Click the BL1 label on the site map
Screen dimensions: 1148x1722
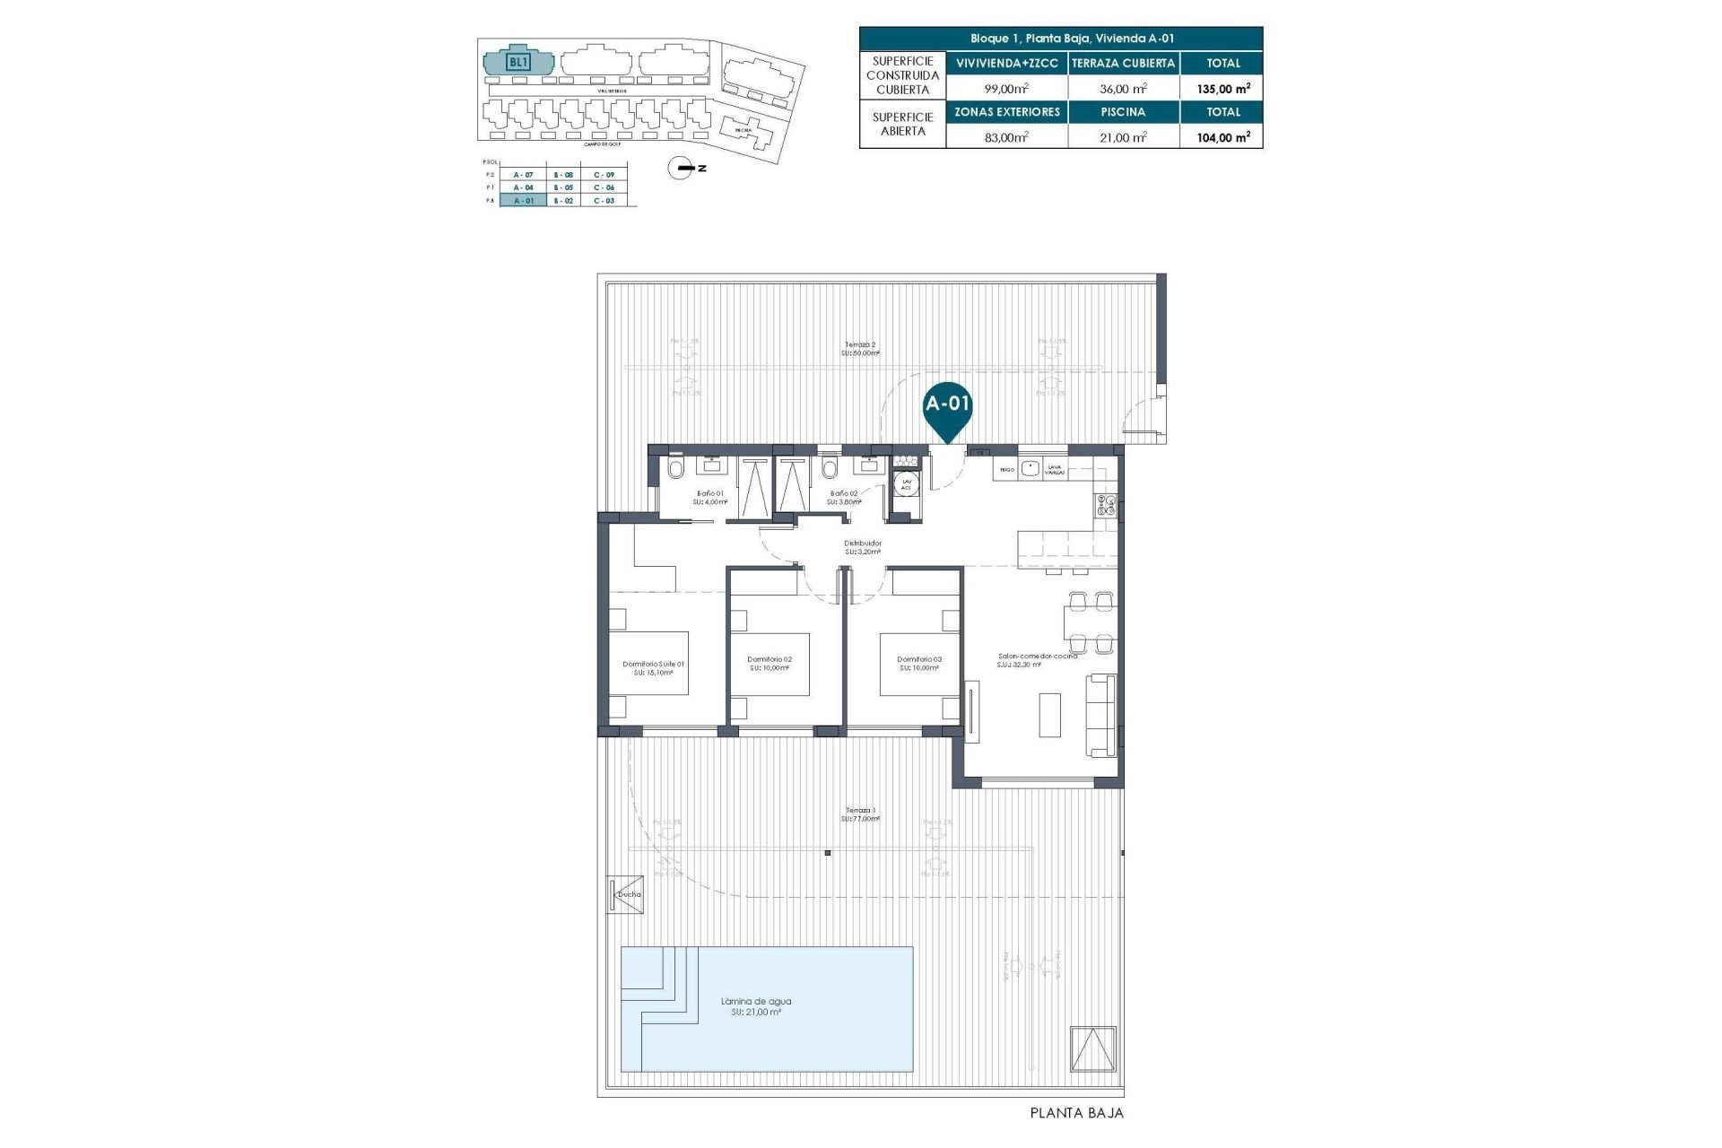click(x=518, y=62)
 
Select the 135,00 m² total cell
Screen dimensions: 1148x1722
click(x=1222, y=89)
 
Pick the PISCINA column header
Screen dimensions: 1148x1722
click(x=1123, y=112)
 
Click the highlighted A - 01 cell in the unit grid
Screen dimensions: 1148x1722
click(x=523, y=201)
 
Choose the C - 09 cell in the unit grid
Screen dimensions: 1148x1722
click(x=604, y=175)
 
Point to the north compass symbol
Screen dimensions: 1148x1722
click(x=683, y=168)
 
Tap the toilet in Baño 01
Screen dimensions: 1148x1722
click(x=675, y=468)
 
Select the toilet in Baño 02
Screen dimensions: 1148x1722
click(x=830, y=468)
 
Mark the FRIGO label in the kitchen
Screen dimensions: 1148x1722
click(x=1006, y=469)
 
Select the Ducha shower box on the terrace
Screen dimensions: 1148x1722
click(x=626, y=894)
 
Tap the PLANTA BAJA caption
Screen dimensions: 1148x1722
click(x=1076, y=1113)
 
